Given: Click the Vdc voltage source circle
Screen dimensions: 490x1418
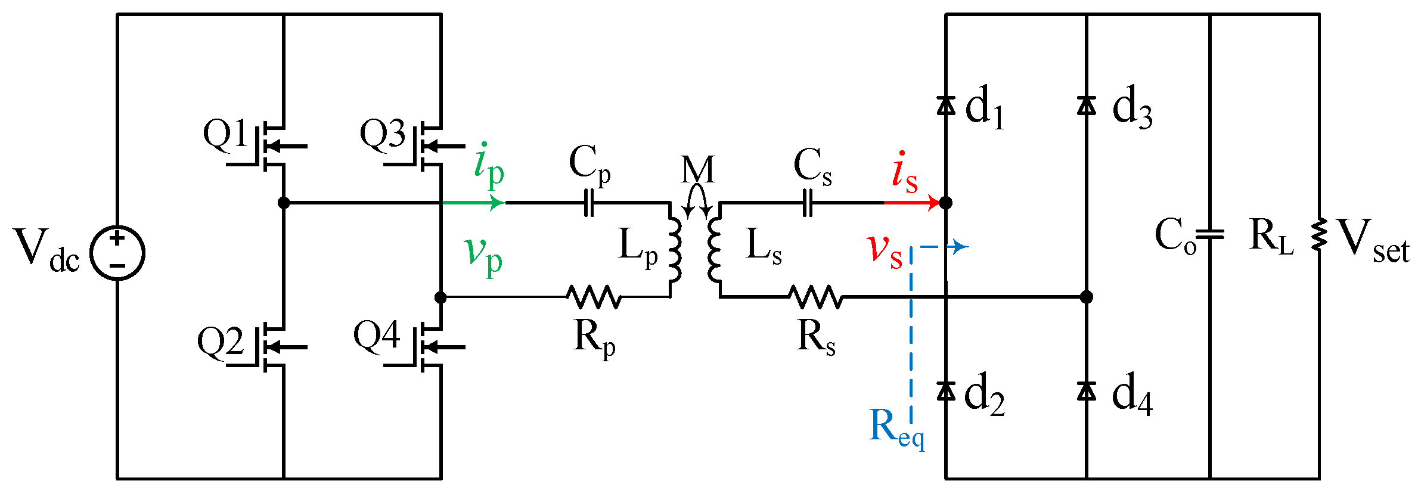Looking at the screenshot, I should click(x=117, y=253).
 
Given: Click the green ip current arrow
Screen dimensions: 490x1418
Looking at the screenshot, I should click(x=477, y=203).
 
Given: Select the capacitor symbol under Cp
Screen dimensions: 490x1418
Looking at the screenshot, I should click(x=588, y=203).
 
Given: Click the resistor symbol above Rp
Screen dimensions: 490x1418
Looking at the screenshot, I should click(x=594, y=296).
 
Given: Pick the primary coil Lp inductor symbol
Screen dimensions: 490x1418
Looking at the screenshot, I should click(x=674, y=250).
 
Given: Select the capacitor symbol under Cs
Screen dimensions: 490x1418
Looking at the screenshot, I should click(x=808, y=203).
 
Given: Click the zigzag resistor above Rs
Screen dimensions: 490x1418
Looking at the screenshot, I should click(x=815, y=296).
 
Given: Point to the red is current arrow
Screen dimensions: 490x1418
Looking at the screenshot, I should click(x=912, y=203).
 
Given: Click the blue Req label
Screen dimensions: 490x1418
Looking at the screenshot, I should click(x=895, y=428).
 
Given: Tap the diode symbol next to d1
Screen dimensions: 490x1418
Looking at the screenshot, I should click(x=946, y=106).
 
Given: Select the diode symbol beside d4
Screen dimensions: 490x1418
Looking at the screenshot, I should click(x=1087, y=391).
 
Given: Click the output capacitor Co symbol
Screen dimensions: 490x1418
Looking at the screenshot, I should click(x=1210, y=235).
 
